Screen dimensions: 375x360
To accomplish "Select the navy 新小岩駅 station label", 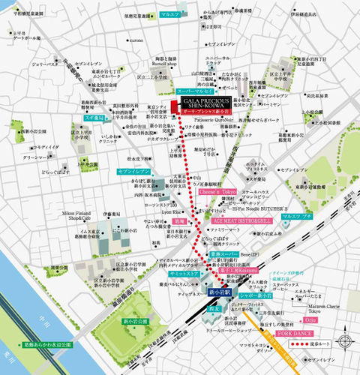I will tap(222, 289).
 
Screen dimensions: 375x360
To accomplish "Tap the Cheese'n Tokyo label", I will tap(216, 192).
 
